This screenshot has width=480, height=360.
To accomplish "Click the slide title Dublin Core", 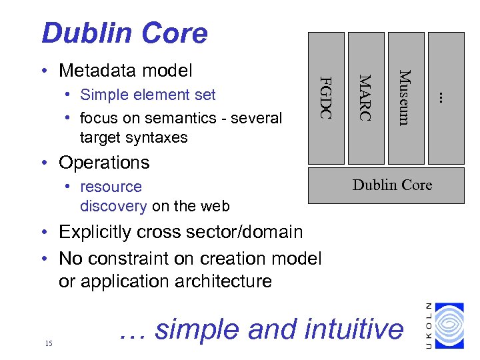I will coord(124,33).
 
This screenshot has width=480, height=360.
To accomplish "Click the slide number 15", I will coord(48,343).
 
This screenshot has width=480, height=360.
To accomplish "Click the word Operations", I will coord(104,163).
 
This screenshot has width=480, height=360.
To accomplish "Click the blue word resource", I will coord(111,187).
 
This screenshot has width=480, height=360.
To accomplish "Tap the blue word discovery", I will coord(113,206).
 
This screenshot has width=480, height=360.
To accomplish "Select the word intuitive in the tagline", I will coord(353,329).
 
